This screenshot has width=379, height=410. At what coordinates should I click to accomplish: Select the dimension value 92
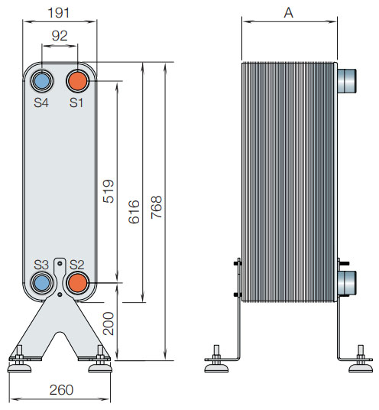60,36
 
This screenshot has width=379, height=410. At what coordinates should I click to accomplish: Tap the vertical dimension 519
108,191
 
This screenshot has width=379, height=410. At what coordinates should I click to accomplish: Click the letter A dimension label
288,12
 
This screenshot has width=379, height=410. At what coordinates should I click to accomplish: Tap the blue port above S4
41,80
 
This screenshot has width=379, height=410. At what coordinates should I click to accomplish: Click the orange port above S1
77,80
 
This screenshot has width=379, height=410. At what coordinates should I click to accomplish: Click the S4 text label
41,102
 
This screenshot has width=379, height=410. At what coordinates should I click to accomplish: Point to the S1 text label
76,102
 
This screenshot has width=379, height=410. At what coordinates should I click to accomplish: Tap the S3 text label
41,265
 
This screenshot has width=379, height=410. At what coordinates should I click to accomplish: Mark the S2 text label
76,265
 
